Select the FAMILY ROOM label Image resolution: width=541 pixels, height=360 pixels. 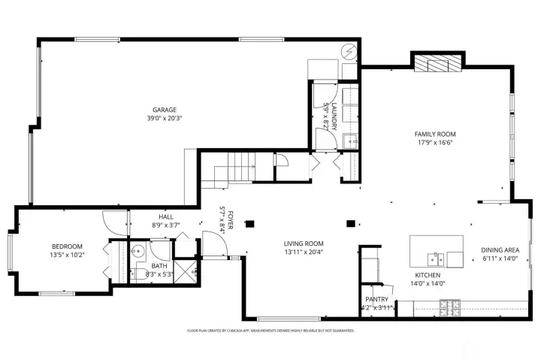coord(435,134)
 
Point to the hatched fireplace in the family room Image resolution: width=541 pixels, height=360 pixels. coord(438,65)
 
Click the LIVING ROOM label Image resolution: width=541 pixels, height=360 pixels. coord(304,243)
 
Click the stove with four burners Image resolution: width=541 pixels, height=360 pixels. coord(449,306)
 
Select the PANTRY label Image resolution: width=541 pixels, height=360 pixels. coord(376,298)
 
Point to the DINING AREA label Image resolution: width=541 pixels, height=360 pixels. coord(500,250)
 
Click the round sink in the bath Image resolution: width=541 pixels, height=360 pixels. coord(138,252)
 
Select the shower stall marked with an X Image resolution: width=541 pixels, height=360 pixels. coord(184,268)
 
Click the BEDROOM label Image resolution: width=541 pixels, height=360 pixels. coord(67,246)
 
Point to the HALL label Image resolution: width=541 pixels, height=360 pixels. coord(156,216)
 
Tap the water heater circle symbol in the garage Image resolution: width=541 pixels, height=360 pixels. coord(349,52)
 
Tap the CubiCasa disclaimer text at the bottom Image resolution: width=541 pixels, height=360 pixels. coord(270,330)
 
